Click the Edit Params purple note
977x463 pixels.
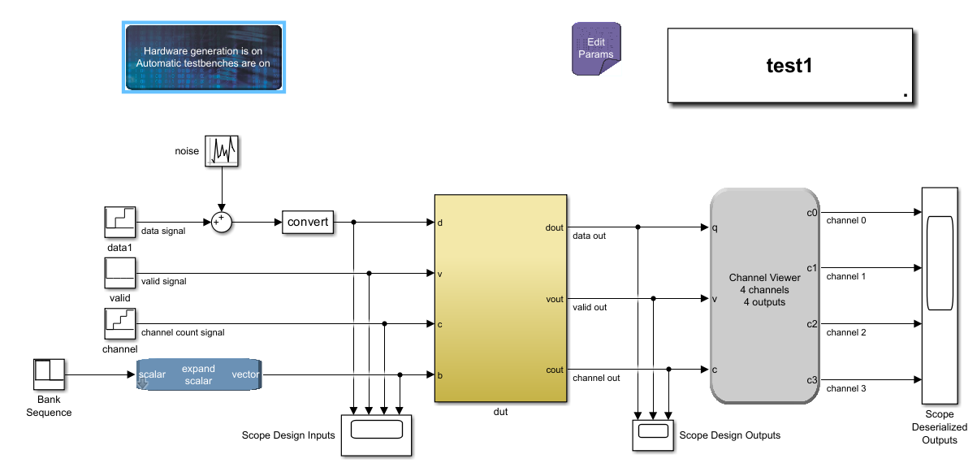coord(596,49)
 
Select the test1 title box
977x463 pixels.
coord(789,66)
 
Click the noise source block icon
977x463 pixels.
coord(223,151)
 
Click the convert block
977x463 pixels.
coord(308,222)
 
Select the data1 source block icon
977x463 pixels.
coord(120,223)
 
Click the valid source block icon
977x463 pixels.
coord(120,274)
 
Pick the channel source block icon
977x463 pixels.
coord(120,324)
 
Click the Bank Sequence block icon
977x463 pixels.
coord(49,375)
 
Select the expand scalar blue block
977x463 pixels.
coord(199,375)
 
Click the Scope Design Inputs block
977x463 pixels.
coord(375,435)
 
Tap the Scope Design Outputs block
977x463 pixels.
coord(652,435)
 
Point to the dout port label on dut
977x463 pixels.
coord(554,228)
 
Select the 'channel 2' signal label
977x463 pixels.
coord(845,332)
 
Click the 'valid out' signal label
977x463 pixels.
coord(590,307)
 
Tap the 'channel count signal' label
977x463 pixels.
coord(183,332)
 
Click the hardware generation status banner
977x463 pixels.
coord(202,57)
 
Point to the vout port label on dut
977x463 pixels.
coord(554,300)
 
